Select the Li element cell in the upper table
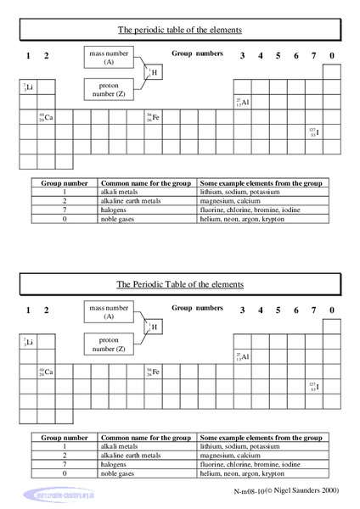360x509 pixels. pyautogui.click(x=30, y=87)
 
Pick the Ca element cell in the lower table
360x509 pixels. pyautogui.click(x=47, y=372)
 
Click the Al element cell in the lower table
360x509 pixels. pyautogui.click(x=243, y=357)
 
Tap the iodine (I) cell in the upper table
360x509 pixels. pyautogui.click(x=314, y=131)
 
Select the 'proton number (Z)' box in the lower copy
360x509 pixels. pyautogui.click(x=109, y=343)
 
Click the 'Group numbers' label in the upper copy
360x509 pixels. pyautogui.click(x=197, y=53)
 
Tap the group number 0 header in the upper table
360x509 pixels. pyautogui.click(x=332, y=56)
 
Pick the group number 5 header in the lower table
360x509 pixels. pyautogui.click(x=278, y=310)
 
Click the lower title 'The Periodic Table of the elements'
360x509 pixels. pyautogui.click(x=180, y=283)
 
